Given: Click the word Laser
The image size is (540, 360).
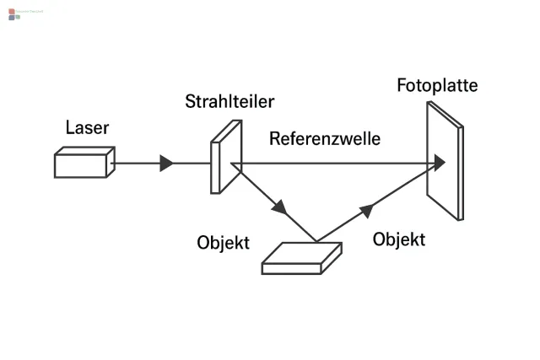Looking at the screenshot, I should (87, 128).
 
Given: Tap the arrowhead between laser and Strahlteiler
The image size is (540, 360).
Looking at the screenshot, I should (166, 164).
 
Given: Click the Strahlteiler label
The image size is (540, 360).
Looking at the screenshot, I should (229, 102).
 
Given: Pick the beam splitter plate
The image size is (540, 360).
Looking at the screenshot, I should (225, 157).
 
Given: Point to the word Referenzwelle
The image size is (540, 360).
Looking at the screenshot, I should (325, 138).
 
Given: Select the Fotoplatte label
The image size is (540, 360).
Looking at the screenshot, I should (437, 85).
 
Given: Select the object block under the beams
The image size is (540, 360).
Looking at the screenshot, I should (301, 257).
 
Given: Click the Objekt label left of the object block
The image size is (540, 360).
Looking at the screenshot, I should (223, 243).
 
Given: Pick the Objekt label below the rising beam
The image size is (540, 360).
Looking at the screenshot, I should (398, 239).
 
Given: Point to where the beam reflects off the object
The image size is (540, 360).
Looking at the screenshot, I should (317, 241).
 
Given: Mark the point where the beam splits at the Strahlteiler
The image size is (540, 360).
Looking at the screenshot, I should (232, 164).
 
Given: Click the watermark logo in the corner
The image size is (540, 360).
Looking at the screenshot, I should (14, 13).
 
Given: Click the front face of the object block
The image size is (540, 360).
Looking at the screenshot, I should (291, 268).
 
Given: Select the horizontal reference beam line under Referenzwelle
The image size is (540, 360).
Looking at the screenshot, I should (337, 164).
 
